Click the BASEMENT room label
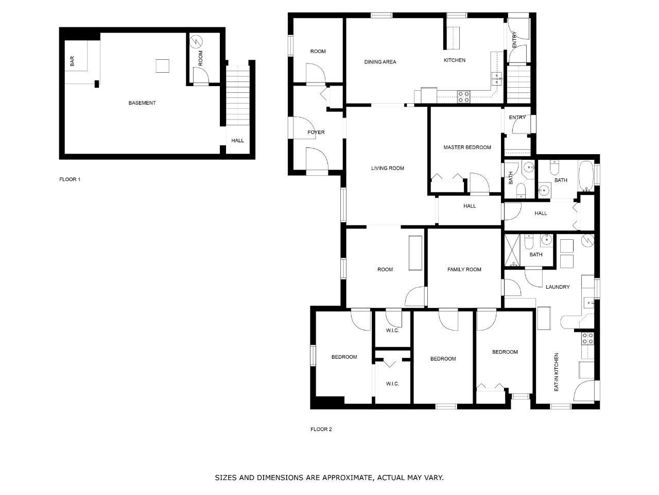point(142,103)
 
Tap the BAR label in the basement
point(72,61)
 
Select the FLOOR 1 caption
point(70,179)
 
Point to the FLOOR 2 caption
point(321,429)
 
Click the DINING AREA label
point(380,62)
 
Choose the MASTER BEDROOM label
point(467,147)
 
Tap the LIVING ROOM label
point(388,168)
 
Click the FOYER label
point(316,132)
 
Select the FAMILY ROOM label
point(464,270)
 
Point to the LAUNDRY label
point(558,287)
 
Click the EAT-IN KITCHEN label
point(557,372)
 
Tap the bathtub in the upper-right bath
point(586,176)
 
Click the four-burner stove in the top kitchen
point(463,97)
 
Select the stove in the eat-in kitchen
point(587,338)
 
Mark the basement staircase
point(238,96)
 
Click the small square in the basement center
point(162,66)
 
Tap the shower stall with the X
point(512,251)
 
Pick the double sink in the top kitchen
point(497,78)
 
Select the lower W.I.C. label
point(392,384)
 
